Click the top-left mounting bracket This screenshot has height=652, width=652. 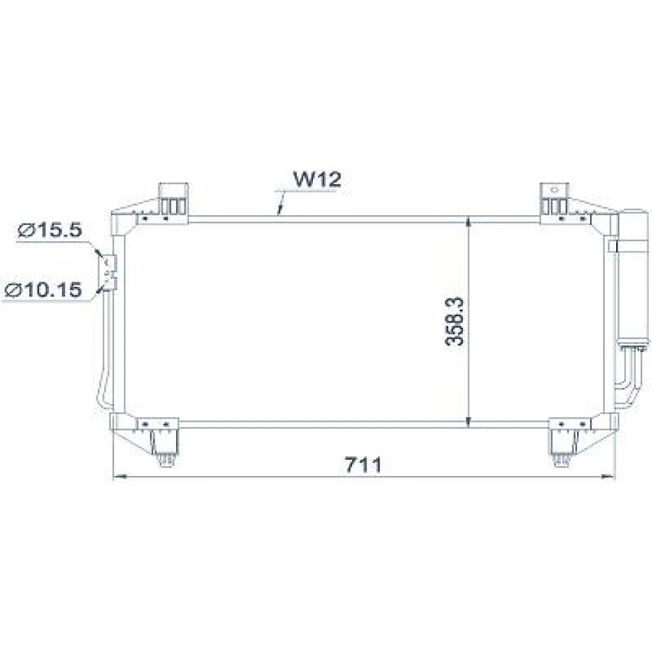click(174, 199)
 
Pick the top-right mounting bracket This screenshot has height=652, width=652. click(555, 199)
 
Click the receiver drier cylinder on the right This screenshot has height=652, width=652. click(633, 274)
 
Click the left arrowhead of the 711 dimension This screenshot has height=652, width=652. click(118, 477)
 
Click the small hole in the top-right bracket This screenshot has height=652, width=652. click(556, 190)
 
